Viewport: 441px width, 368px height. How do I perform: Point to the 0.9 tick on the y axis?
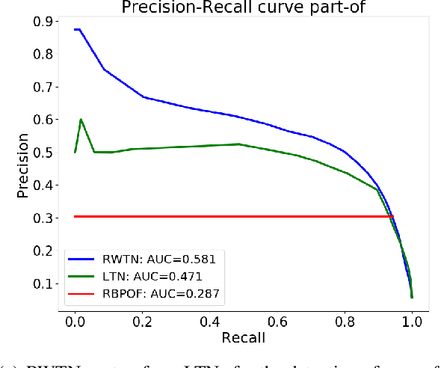[x=41, y=22]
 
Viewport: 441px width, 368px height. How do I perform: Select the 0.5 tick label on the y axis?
[x=41, y=153]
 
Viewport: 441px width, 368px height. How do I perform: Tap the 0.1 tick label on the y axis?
[x=41, y=283]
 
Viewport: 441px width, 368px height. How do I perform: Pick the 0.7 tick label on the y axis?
[x=41, y=88]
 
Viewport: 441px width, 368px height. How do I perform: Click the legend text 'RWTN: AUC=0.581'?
[x=158, y=260]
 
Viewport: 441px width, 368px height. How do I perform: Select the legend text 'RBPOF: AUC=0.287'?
[x=161, y=294]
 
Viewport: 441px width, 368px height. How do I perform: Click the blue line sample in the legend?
[x=84, y=260]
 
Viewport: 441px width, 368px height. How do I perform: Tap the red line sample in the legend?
[x=84, y=294]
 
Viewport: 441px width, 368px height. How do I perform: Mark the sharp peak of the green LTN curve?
[x=81, y=120]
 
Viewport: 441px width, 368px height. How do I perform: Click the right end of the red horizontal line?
[x=392, y=216]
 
